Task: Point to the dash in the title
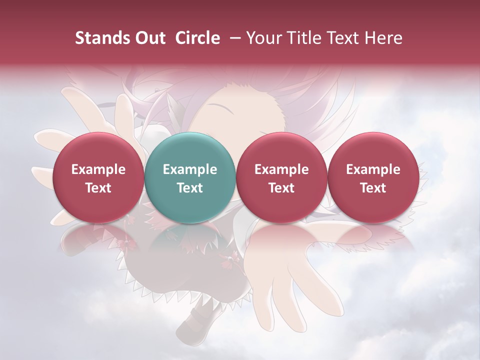(x=233, y=38)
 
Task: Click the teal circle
(x=190, y=177)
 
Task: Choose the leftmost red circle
(x=98, y=177)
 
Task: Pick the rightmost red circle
(x=373, y=177)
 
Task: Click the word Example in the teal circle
(x=190, y=169)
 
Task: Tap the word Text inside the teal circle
(x=190, y=188)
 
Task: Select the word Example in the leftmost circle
(x=98, y=169)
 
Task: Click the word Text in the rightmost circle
(x=373, y=188)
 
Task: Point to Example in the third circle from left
(x=281, y=169)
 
